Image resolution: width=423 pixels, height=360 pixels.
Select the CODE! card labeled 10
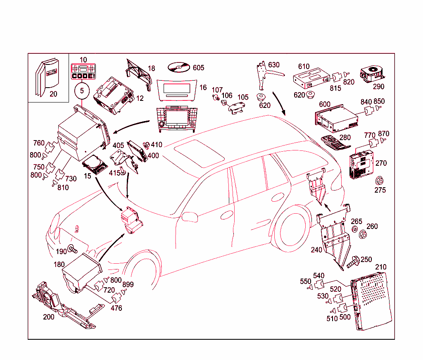[83, 72]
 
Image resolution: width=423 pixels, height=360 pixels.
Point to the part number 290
[378, 86]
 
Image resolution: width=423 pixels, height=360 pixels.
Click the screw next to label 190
[73, 249]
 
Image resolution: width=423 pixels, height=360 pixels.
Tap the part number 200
[49, 317]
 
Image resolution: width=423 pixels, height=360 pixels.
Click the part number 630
[273, 65]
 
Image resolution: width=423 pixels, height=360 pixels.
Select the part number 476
[116, 308]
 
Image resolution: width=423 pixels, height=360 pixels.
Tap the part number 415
[114, 173]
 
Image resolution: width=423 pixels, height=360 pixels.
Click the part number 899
[128, 285]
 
